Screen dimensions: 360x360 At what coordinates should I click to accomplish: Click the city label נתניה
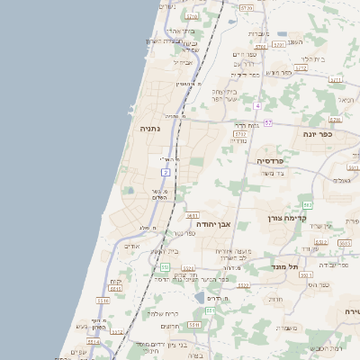[148, 129]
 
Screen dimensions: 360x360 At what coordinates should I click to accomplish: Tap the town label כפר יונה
[317, 134]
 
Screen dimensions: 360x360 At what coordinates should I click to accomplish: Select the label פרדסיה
[270, 160]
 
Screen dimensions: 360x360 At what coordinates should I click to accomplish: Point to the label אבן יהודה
[214, 224]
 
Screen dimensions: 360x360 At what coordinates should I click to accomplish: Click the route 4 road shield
[256, 105]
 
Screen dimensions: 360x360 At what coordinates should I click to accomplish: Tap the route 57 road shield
[268, 121]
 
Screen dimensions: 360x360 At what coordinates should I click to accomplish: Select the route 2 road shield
[166, 172]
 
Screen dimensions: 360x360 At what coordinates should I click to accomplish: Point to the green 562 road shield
[308, 205]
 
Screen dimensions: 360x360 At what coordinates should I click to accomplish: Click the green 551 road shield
[165, 267]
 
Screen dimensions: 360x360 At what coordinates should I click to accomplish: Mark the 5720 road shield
[192, 16]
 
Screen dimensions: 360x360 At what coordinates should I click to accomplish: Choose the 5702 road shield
[240, 131]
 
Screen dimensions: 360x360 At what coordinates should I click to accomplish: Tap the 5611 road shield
[192, 216]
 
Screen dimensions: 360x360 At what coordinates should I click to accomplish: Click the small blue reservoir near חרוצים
[199, 296]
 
